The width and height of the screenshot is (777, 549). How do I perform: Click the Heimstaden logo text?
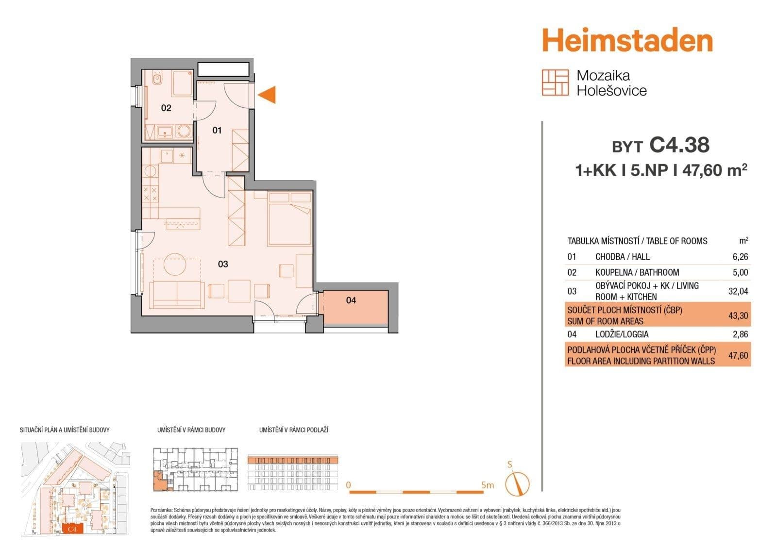click(627, 40)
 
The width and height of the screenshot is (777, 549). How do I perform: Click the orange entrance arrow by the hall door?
click(268, 95)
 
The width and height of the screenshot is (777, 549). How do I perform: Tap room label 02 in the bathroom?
click(166, 108)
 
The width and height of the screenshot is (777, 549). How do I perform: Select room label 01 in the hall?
click(217, 130)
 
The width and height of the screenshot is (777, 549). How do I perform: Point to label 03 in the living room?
click(223, 264)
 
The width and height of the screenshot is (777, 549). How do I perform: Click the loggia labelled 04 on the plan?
click(351, 300)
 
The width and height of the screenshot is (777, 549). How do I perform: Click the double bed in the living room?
click(289, 219)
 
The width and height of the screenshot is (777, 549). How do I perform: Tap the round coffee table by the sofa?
click(175, 265)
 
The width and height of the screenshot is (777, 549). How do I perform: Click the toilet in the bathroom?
click(157, 79)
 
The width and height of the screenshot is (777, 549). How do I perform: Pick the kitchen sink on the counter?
click(167, 156)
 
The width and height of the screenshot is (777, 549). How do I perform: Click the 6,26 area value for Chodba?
click(740, 257)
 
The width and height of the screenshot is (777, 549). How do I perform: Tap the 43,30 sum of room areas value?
click(738, 316)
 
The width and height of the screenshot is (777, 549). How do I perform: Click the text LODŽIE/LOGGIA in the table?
click(622, 334)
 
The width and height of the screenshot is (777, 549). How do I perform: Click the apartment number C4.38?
click(679, 145)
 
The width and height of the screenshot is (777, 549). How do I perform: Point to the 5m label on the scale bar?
click(487, 485)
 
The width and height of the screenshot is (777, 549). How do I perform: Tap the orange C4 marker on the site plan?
click(73, 529)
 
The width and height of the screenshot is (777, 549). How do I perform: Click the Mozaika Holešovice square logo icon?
click(555, 82)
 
